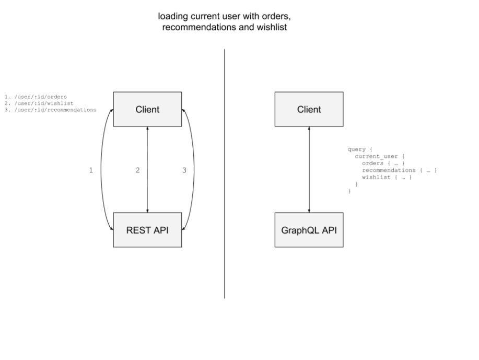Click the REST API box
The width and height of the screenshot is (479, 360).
(147, 230)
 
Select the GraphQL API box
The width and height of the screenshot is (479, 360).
(309, 230)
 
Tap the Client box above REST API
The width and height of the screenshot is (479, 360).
(147, 109)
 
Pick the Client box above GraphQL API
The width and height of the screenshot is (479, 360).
(309, 109)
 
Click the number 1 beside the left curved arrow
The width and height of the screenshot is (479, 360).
(91, 170)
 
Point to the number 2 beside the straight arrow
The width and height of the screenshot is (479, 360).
(137, 170)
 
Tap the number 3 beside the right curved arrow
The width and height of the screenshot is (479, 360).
(184, 170)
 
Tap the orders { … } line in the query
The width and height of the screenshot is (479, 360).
(383, 164)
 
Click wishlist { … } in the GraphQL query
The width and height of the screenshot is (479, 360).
(387, 178)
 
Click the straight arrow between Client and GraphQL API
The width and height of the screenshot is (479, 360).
(309, 170)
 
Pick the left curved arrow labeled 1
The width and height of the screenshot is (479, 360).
(101, 170)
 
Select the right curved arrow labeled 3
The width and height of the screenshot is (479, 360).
(194, 170)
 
